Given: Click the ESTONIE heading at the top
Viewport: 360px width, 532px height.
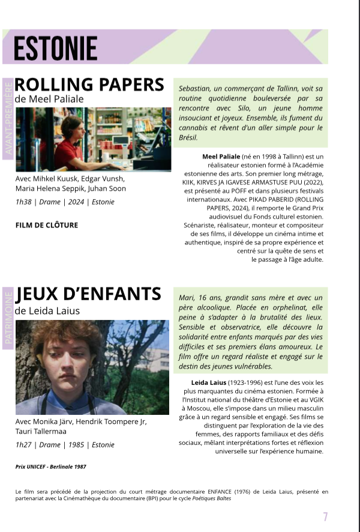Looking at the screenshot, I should [x=55, y=47].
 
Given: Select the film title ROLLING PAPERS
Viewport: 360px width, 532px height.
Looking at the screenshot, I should [x=89, y=84].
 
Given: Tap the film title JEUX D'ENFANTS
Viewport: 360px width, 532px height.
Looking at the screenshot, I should [x=89, y=294].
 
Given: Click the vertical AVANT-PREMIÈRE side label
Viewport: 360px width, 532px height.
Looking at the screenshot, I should [x=8, y=116].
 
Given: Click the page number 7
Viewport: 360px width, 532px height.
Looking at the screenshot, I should [x=325, y=516].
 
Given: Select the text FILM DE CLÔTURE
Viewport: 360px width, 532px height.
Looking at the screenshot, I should [x=47, y=226].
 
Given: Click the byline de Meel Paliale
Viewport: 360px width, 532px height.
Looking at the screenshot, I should [x=49, y=99].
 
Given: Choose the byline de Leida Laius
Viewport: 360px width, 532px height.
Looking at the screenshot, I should [x=47, y=311].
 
